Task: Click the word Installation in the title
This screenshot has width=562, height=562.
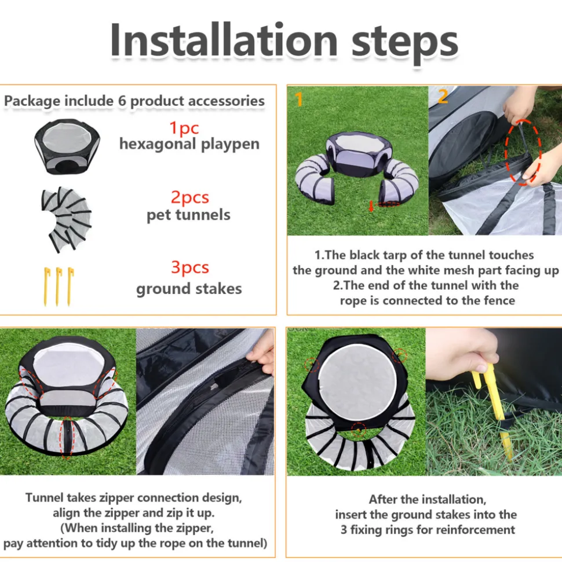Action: tap(224, 39)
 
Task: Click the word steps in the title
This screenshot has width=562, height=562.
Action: tap(404, 43)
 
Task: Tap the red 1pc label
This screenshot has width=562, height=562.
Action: tap(184, 128)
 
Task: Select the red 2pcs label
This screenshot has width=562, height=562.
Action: tap(189, 197)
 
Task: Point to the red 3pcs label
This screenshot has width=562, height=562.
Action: tap(190, 267)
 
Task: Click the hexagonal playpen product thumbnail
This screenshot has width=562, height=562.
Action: tap(67, 146)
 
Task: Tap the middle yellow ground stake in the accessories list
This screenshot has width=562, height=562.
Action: tap(58, 286)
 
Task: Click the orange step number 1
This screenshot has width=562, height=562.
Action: tap(299, 99)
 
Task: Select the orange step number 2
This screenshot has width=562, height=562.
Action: tap(443, 95)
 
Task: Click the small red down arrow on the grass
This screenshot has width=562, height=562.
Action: tap(371, 205)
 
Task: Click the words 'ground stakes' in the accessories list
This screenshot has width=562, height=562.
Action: tap(189, 289)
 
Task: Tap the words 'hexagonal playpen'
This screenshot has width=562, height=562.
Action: tap(189, 144)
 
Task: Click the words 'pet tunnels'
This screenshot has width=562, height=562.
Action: tap(188, 215)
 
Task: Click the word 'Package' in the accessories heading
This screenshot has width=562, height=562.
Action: tap(32, 101)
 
